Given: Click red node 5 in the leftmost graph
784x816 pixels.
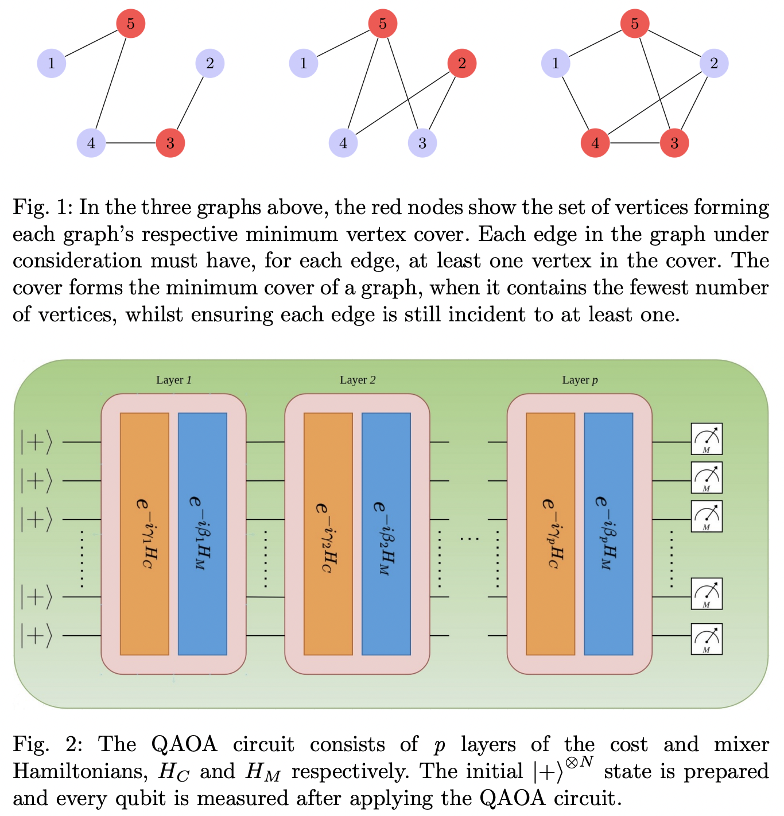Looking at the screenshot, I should click(131, 24).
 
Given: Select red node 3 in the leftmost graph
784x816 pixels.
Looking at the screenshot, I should click(170, 143).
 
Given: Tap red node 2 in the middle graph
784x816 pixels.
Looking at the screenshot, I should click(462, 63).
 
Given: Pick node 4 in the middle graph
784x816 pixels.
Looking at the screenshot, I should click(343, 143).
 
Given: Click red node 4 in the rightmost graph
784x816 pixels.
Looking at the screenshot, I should click(595, 143).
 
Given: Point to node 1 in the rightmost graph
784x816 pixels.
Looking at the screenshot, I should click(555, 63).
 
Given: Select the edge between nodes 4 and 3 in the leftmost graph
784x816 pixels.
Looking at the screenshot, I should click(131, 143).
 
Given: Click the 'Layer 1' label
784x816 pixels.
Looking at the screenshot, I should click(174, 380).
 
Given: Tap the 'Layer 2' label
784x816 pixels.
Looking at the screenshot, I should click(358, 380).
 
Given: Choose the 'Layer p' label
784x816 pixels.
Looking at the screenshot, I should click(580, 380).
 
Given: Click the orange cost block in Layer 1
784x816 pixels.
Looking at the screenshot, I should click(145, 534).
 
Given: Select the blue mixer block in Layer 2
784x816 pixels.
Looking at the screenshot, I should click(386, 534).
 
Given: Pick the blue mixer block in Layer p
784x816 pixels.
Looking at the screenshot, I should click(608, 534).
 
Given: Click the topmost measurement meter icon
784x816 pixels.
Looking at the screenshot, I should click(707, 439).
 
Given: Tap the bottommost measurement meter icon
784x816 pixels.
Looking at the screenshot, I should click(707, 639).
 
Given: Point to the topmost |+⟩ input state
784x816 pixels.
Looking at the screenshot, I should click(36, 442).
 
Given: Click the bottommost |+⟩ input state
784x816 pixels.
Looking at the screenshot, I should click(36, 636).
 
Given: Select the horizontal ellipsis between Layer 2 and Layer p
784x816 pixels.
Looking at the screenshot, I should click(469, 539).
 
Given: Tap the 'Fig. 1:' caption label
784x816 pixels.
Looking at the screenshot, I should click(42, 207).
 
